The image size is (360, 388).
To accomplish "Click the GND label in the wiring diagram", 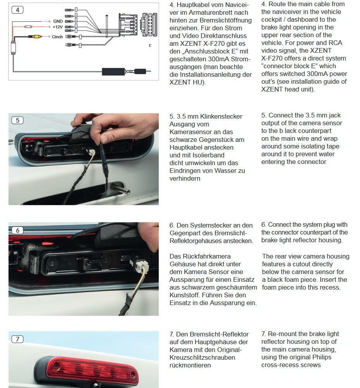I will pos(58,21).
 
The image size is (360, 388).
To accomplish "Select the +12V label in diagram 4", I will pos(57,27).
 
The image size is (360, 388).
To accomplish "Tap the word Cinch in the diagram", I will pos(57,37).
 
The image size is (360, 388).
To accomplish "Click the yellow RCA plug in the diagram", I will pos(35,36).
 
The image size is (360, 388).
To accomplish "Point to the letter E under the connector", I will pos(150,45).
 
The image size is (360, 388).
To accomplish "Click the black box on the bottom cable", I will pos(113,71).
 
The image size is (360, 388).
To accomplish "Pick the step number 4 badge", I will pos(17,10).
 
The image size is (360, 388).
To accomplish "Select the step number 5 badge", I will pos(17,120).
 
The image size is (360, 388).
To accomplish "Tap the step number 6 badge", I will pos(17,230).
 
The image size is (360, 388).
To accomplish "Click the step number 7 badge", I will pos(17,339).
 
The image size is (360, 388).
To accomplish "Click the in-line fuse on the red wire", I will pos(28,27).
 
